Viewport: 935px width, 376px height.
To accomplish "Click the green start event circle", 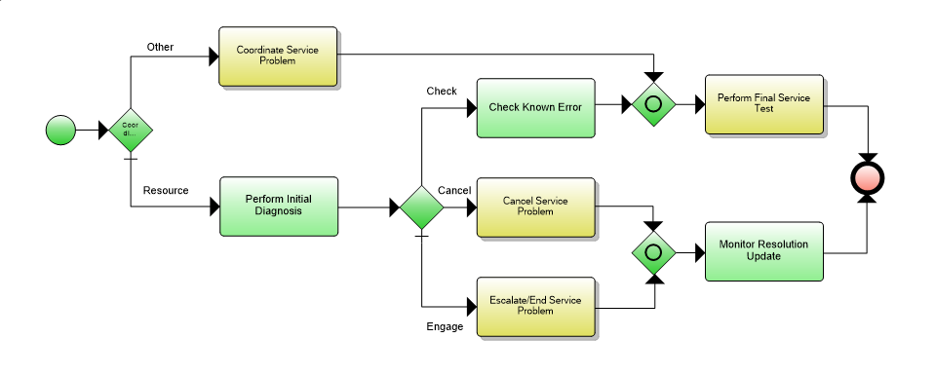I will pos(61,129).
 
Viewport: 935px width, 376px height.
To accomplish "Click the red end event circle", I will pos(867,179).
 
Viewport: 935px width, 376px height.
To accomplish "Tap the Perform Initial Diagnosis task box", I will pos(278,207).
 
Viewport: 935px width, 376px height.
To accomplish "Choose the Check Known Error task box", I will pos(534,106).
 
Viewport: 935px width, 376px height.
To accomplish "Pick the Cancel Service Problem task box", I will pos(534,207).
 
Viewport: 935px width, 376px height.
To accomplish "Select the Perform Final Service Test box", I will pos(764,104).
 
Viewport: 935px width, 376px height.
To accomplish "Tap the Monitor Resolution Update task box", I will pos(764,251).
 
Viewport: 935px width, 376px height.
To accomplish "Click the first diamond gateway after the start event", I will pos(131,129).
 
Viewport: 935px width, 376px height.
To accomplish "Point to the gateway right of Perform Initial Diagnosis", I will pos(421,207).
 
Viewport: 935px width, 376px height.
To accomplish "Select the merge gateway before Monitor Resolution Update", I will pos(654,251).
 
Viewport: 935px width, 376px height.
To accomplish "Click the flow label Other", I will pos(160,47).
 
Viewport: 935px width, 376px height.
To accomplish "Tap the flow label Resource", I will pos(165,190).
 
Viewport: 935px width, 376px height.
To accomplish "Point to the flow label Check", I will pos(442,91).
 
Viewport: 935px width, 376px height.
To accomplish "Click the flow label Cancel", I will pos(454,189).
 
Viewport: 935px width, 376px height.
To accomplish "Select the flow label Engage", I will pos(445,326).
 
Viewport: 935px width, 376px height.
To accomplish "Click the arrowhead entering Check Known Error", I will pos(469,106).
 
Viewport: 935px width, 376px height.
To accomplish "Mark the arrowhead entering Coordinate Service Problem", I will pos(213,56).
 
